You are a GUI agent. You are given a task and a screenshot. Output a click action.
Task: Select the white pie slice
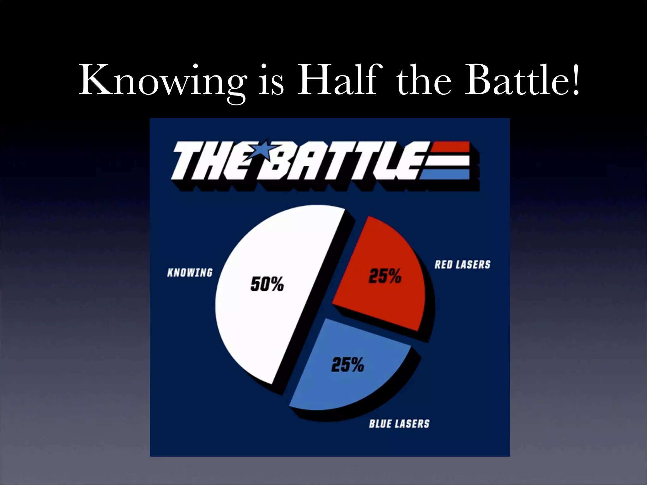click(x=269, y=316)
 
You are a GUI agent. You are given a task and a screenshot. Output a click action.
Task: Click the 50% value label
click(x=267, y=284)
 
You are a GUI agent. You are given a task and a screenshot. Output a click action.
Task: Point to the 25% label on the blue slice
click(x=348, y=364)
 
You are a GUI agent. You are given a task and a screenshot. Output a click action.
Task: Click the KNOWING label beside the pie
click(x=190, y=272)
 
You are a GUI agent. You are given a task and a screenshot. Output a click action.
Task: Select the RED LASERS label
click(x=462, y=264)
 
